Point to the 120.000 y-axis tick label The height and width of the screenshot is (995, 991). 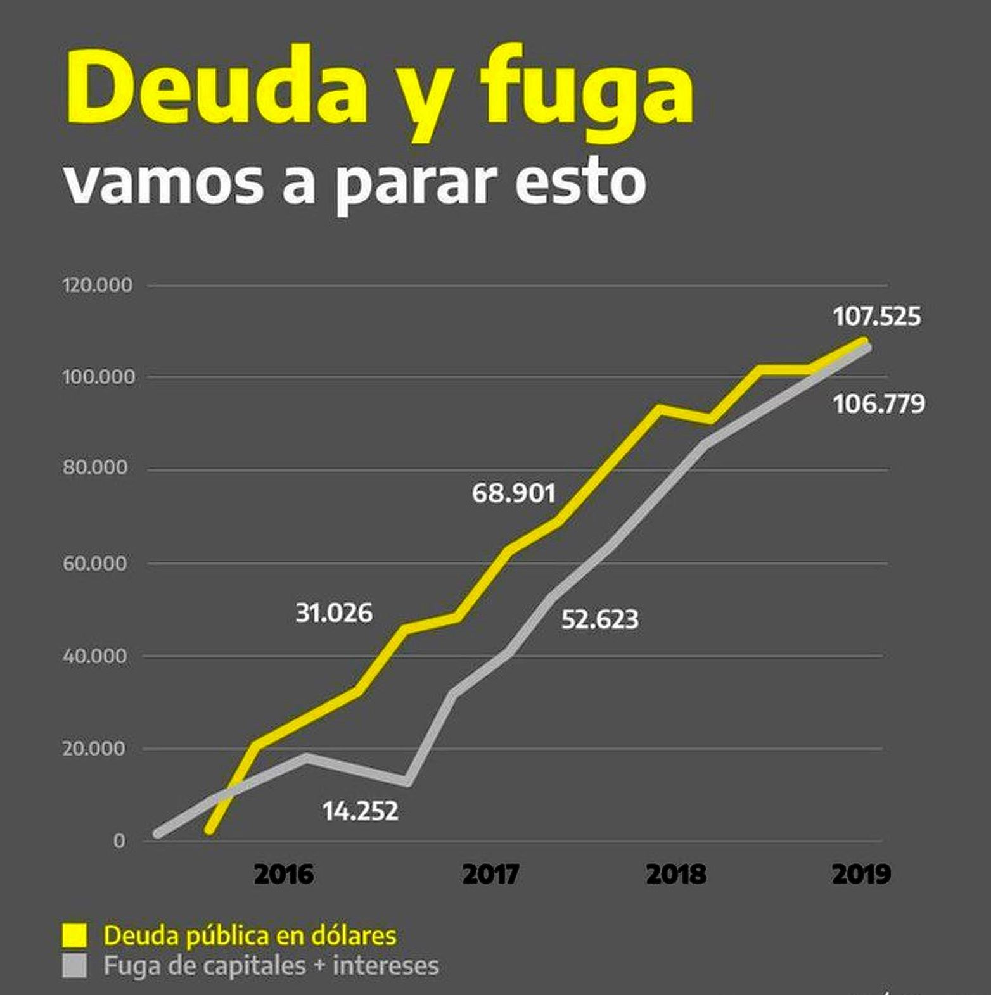click(x=98, y=285)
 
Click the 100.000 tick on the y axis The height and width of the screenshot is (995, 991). click(x=99, y=377)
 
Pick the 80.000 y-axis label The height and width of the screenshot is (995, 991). click(x=95, y=468)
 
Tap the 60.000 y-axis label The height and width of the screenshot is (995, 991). click(x=95, y=563)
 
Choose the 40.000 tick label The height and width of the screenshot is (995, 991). click(x=95, y=656)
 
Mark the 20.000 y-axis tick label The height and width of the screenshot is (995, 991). click(x=94, y=749)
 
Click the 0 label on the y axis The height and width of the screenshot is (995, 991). click(x=118, y=841)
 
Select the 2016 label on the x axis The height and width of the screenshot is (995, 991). click(x=283, y=874)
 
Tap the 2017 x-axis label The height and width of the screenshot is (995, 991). click(x=490, y=874)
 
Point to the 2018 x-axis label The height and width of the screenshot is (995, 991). click(x=676, y=874)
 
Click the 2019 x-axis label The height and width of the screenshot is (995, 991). click(x=861, y=874)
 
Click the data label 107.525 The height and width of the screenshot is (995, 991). click(x=877, y=316)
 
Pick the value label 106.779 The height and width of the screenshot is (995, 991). click(x=879, y=403)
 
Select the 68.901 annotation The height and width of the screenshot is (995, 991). click(x=513, y=493)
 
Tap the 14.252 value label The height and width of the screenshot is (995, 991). click(x=360, y=811)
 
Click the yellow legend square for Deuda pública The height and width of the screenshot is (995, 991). click(x=74, y=935)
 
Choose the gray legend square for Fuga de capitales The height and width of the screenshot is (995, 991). click(x=74, y=966)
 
